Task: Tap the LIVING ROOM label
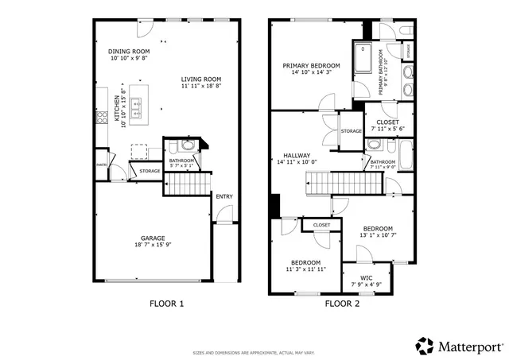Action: pyautogui.click(x=200, y=79)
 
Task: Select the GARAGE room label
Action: pyautogui.click(x=153, y=237)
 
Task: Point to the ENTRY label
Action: pyautogui.click(x=223, y=196)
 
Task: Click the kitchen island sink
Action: pyautogui.click(x=137, y=104)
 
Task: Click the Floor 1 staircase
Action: pyautogui.click(x=188, y=186)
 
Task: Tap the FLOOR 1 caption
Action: pyautogui.click(x=167, y=304)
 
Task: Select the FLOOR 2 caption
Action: pyautogui.click(x=341, y=304)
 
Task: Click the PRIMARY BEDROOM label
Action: pyautogui.click(x=312, y=65)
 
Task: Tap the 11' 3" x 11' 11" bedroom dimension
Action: pyautogui.click(x=305, y=269)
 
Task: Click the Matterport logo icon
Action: pyautogui.click(x=425, y=346)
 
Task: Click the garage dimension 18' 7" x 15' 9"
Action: pyautogui.click(x=153, y=245)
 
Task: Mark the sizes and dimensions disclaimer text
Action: pyautogui.click(x=254, y=353)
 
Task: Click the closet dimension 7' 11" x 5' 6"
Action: pyautogui.click(x=388, y=130)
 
